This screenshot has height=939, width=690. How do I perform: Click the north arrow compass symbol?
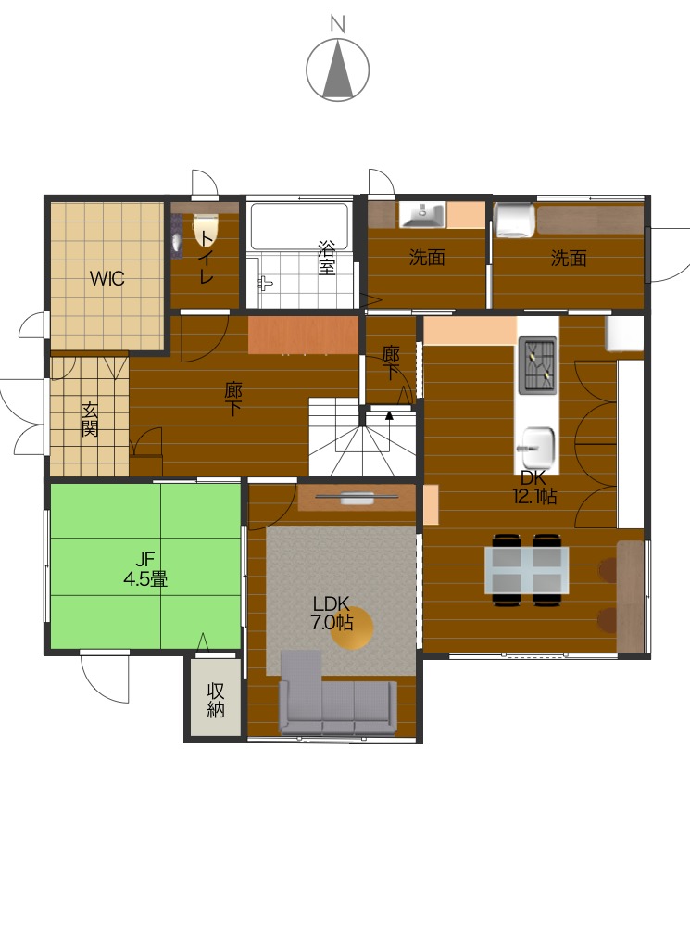point(337,70)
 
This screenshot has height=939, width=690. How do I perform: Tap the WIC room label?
point(107,278)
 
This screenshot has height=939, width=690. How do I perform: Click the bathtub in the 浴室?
point(299,227)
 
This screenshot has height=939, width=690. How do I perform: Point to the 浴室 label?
point(327,258)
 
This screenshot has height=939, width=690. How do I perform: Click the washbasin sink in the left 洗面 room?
point(423,215)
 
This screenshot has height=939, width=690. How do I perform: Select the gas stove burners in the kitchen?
point(537,364)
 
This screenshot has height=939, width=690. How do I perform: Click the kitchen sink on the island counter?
point(537,448)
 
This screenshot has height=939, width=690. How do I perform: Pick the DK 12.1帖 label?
point(533,487)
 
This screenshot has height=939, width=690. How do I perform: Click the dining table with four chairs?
point(527,569)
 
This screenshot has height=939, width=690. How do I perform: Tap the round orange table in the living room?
point(353,628)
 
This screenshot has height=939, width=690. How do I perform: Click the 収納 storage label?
point(216,700)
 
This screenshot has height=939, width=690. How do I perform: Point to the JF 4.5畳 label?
point(145,569)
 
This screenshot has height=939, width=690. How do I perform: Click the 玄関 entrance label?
point(90,419)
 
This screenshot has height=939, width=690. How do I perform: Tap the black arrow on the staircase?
point(390,415)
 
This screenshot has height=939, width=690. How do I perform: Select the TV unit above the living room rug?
point(357,499)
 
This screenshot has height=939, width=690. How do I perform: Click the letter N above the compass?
point(338,24)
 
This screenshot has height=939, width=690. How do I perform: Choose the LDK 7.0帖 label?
point(331,614)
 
